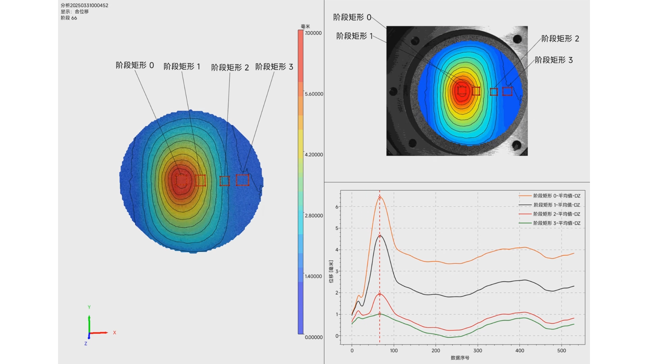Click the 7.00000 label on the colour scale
pos(313,33)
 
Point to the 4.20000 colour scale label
pos(314,155)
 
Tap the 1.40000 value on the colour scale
pos(313,276)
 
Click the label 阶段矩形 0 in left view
pos(135,65)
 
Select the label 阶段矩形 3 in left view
pos(274,67)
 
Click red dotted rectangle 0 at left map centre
pos(181,180)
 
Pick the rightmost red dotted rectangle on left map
pos(242,180)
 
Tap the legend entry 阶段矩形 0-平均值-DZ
pos(557,196)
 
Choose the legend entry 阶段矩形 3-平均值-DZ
pos(557,223)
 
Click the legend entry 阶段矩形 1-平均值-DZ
pos(557,205)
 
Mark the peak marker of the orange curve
pos(380,198)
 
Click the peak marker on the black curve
pos(380,236)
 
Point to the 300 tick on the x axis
pos(478,351)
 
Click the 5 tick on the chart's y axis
pos(336,228)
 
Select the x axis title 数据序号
pos(460,358)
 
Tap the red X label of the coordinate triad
pos(114,333)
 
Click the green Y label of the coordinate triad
pos(89,307)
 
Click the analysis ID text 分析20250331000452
pos(84,5)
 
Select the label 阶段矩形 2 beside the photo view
pos(560,39)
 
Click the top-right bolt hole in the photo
pos(517,39)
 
